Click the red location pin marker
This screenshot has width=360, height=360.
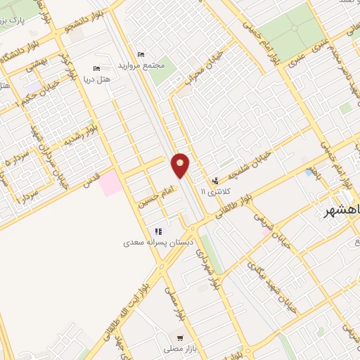coord(181,165)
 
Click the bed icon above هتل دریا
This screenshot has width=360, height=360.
coord(97,70)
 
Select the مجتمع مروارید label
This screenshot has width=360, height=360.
coord(144,65)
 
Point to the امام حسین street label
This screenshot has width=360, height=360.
coord(155,188)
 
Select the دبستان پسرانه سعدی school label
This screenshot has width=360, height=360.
coord(158,242)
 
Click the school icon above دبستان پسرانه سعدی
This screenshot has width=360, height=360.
coord(159,231)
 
